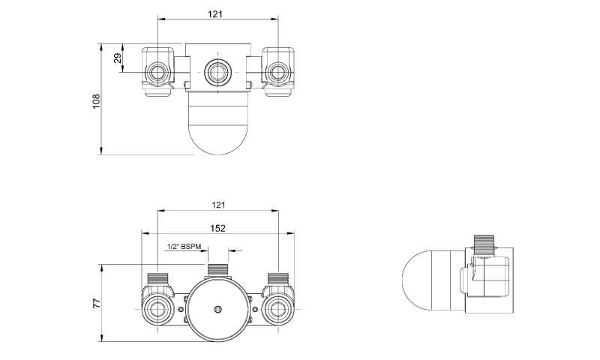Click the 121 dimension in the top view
click(x=215, y=14)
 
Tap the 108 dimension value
click(x=96, y=101)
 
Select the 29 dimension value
click(x=118, y=58)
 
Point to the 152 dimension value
click(x=218, y=229)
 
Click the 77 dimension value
click(x=97, y=304)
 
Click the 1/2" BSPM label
click(x=184, y=247)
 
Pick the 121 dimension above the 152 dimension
click(x=218, y=205)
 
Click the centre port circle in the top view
click(x=217, y=72)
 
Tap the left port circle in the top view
click(x=157, y=72)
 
